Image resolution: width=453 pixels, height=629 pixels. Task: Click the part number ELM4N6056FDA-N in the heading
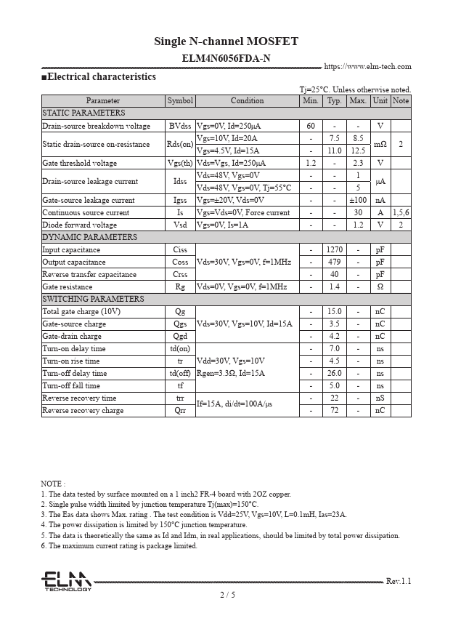coord(226,58)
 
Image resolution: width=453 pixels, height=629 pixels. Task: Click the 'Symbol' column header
coord(180,101)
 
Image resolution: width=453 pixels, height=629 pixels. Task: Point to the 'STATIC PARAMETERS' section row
coord(83,113)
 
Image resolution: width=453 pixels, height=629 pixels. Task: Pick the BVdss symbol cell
coord(180,126)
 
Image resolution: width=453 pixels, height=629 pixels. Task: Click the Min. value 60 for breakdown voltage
coord(311,126)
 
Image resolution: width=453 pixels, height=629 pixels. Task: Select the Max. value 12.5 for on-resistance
coord(358,151)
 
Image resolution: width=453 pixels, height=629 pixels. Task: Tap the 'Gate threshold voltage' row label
coord(80,164)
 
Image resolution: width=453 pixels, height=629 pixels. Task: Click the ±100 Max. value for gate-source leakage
coord(358,200)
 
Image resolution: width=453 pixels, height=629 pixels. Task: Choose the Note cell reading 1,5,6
coord(401,212)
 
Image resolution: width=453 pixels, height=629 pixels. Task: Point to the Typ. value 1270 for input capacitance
coord(334,250)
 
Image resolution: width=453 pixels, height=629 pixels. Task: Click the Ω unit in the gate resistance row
coord(380,287)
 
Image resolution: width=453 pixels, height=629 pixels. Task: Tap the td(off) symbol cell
coord(180,374)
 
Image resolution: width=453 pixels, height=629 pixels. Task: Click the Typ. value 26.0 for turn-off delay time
coord(334,374)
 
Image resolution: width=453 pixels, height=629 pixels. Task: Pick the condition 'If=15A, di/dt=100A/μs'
coord(234,404)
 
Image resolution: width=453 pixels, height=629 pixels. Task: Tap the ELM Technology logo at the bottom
coord(65,582)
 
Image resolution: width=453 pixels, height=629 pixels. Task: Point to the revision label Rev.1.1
coord(398,581)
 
